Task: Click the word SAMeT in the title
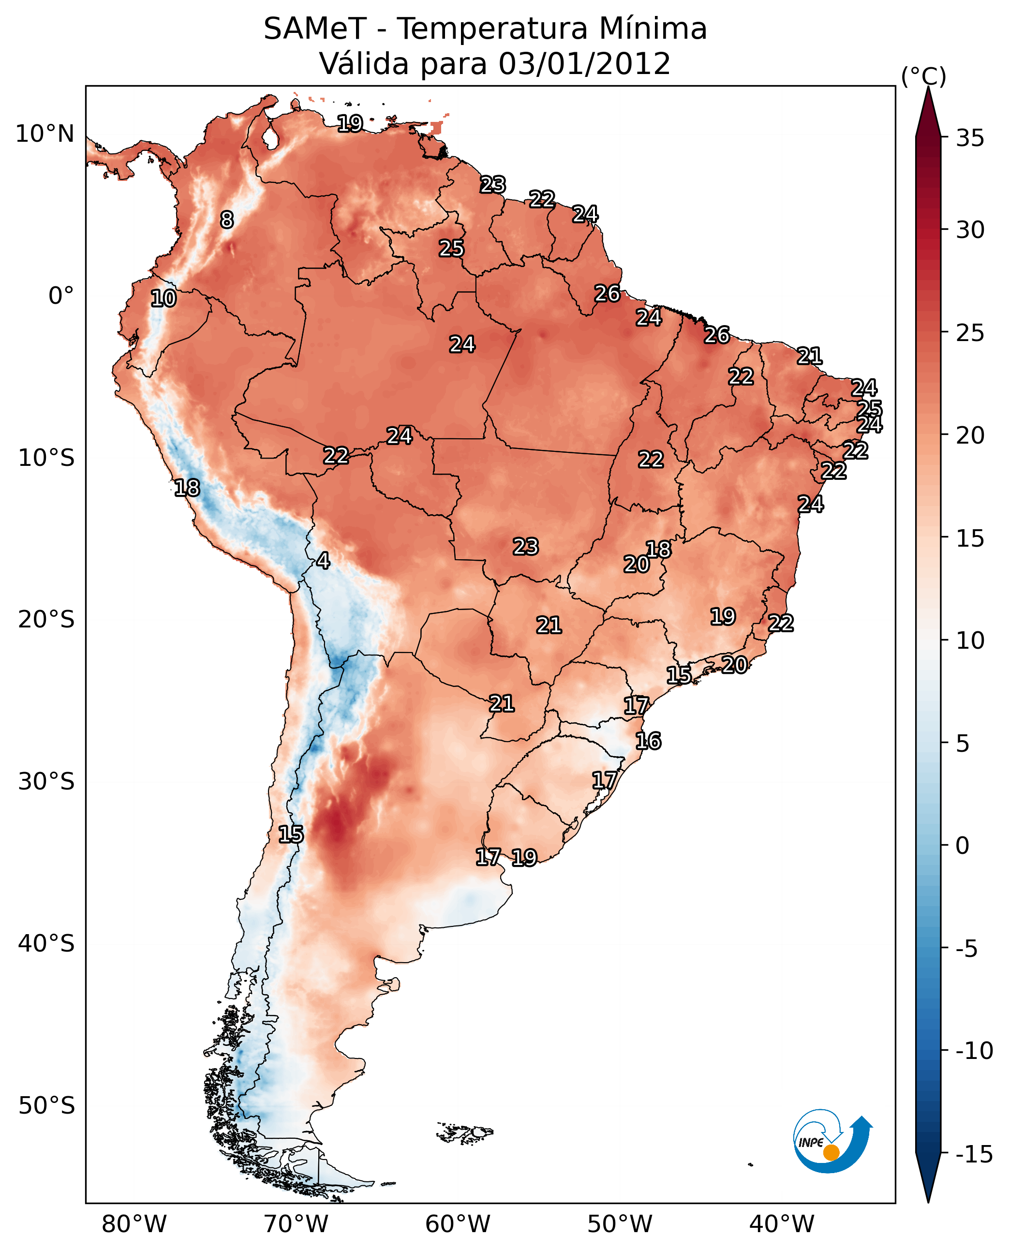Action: coord(314,29)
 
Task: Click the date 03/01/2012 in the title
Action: coord(584,63)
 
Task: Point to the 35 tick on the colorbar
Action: coord(970,138)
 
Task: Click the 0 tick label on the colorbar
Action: coord(963,846)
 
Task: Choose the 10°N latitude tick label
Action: coord(45,134)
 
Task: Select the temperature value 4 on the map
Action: coord(323,560)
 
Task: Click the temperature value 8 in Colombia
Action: coord(227,220)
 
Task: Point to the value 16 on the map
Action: coord(648,741)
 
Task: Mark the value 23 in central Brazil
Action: coord(525,547)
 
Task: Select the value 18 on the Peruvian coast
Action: coord(187,488)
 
